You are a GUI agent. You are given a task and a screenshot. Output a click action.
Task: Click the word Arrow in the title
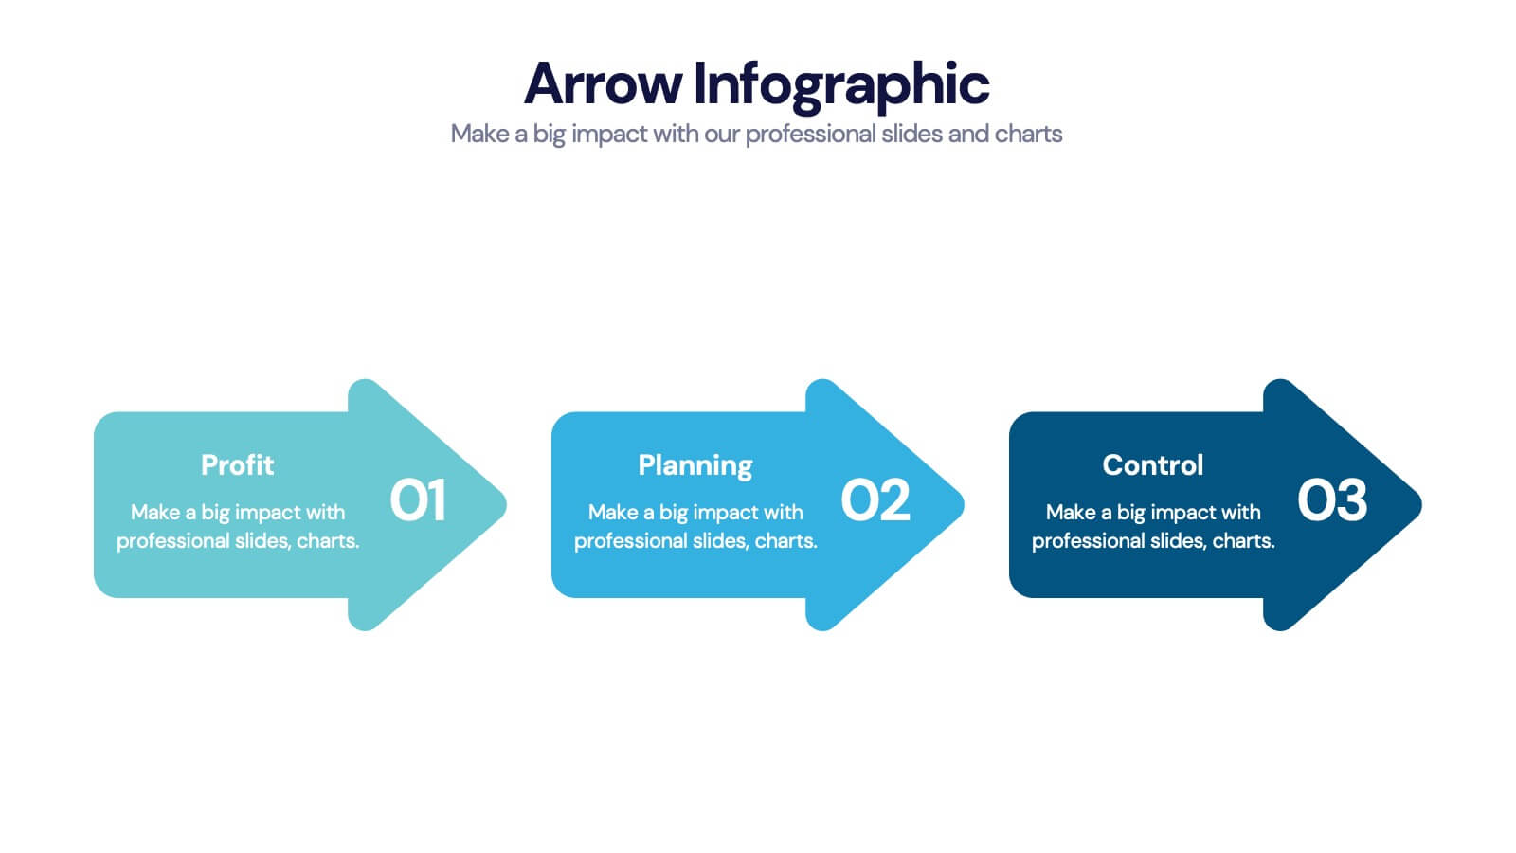[603, 83]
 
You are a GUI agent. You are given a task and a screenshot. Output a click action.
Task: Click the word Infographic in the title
[841, 83]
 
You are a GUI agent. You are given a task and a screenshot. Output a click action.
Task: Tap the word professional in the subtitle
[810, 134]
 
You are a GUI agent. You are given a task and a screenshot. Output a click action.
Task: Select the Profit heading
[237, 464]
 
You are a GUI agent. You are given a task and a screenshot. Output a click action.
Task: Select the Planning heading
[695, 465]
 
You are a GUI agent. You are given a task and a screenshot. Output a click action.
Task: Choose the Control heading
[1152, 464]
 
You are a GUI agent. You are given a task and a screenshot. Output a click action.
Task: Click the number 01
[418, 500]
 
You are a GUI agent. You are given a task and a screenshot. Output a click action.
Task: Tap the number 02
[875, 500]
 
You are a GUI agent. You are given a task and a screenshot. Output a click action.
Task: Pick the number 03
[1332, 500]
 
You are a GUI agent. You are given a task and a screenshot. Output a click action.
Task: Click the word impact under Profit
[268, 513]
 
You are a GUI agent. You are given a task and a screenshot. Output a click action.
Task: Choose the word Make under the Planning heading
[612, 512]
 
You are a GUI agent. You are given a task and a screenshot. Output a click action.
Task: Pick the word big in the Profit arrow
[215, 513]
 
